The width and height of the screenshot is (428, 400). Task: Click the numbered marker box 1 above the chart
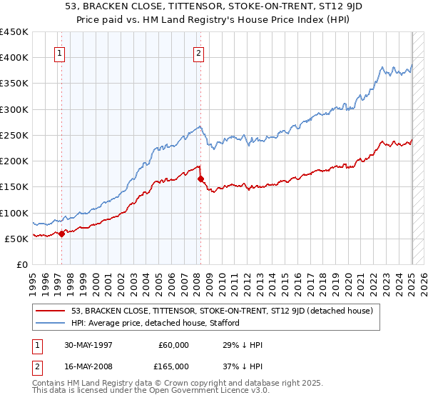click(61, 52)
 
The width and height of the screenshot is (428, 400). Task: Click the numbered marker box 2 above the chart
click(198, 52)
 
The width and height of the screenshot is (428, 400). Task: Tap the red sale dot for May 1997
click(61, 233)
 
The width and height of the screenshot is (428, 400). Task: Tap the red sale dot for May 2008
click(201, 179)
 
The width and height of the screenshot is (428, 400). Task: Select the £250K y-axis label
click(14, 135)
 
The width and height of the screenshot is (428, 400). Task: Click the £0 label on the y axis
click(21, 264)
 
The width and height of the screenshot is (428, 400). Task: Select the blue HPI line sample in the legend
click(51, 323)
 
